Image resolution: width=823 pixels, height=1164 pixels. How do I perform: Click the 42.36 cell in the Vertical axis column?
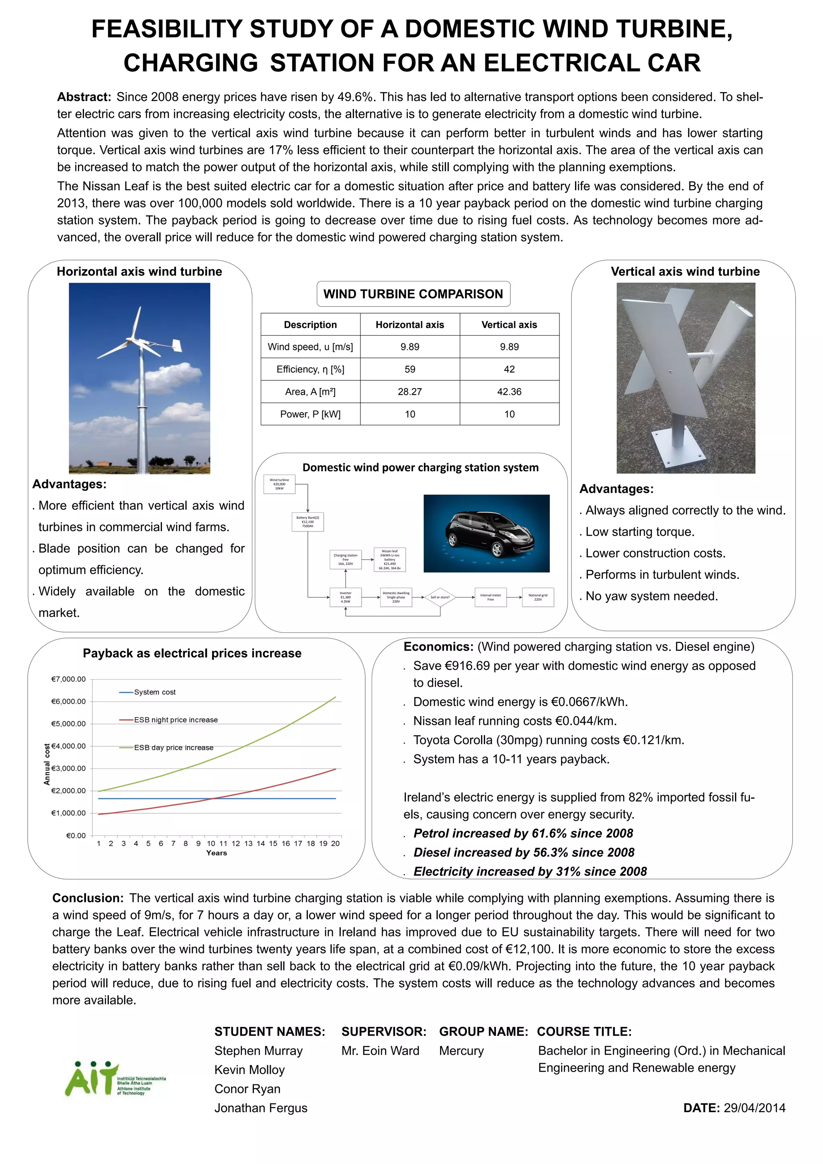509,391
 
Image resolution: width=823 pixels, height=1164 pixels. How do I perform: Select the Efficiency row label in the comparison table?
310,369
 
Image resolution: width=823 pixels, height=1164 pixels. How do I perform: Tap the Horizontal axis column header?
409,324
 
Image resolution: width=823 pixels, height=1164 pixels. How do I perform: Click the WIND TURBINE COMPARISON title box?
413,294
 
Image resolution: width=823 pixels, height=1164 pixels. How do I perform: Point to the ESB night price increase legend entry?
175,719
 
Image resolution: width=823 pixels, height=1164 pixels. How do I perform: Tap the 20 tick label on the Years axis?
336,843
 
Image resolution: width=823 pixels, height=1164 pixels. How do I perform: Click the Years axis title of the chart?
216,853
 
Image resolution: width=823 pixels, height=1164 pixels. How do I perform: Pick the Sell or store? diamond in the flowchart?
440,597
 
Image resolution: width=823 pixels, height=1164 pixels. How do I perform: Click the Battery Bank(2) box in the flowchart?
307,521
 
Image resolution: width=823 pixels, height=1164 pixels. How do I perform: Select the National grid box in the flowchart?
538,597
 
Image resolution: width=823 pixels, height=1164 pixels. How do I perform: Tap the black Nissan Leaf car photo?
486,533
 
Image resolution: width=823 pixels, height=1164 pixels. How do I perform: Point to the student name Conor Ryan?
247,1088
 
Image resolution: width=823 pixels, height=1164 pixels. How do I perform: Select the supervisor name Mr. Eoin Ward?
380,1051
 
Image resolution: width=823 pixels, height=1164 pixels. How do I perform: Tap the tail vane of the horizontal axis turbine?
176,345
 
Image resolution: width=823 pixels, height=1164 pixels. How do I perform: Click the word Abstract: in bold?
84,97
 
